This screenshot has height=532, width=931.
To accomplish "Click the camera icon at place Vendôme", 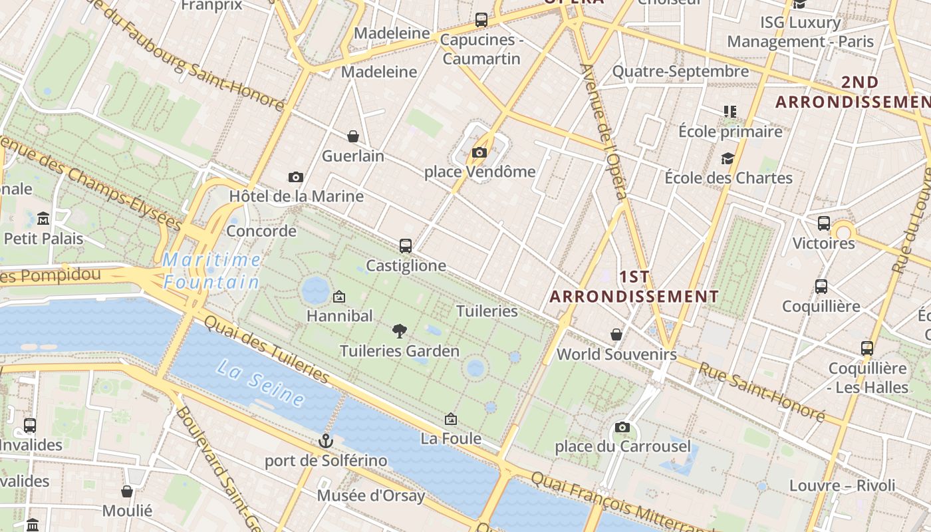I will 479,152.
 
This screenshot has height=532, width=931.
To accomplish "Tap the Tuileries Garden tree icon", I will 399,330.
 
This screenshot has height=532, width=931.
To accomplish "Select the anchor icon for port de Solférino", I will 325,440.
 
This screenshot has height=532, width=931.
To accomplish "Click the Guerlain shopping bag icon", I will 353,136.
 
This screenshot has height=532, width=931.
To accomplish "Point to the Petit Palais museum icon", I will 43,218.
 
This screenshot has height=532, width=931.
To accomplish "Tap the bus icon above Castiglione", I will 406,245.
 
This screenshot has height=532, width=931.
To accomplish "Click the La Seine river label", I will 261,384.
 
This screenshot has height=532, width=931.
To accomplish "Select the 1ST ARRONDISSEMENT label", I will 634,287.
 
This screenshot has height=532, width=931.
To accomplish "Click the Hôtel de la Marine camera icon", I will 296,177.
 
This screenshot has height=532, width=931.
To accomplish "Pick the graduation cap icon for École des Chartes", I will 728,158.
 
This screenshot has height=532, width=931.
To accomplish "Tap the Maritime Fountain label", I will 212,271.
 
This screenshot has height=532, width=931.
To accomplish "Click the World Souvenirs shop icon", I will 616,334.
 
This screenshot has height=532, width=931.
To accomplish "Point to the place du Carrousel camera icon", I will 622,427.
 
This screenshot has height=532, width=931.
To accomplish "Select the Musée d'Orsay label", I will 370,496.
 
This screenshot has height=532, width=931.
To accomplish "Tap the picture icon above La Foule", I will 451,418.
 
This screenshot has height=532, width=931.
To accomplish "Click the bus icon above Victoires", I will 824,223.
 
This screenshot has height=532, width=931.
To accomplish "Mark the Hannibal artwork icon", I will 339,296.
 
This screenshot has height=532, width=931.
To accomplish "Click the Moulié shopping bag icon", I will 127,491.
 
